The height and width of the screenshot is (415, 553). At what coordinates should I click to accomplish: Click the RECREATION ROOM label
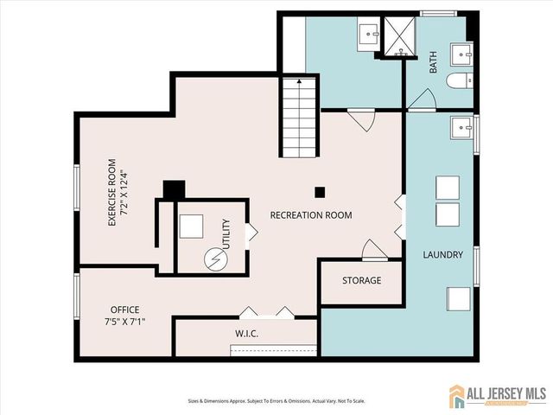pos(311,214)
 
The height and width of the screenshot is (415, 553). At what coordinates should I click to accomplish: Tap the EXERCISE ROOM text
pos(111,192)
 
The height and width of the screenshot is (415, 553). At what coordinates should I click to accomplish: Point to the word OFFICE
pos(124,310)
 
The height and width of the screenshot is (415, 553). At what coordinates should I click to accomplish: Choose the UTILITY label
pos(227,233)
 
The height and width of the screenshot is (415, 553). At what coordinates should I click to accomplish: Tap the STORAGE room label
pos(361,281)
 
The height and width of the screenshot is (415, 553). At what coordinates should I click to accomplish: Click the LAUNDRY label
pos(442,255)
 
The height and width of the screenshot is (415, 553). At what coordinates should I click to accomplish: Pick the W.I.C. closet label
pos(247,334)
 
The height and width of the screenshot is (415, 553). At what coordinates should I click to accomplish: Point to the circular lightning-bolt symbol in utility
pos(212,259)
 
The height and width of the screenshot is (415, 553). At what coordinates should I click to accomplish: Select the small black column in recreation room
pos(320,192)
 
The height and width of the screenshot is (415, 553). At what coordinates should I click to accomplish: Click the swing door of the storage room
pos(373,251)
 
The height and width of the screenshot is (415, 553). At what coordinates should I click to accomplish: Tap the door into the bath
pos(422,102)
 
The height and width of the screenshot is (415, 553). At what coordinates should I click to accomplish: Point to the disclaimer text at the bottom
pos(276,400)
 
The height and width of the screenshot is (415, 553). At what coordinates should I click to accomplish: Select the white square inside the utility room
pos(191,226)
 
